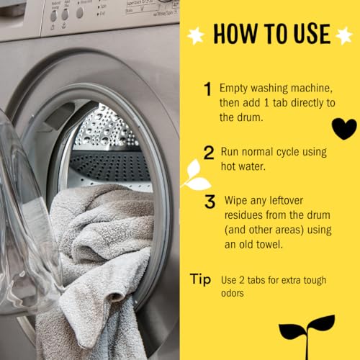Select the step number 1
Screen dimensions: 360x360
pyautogui.click(x=207, y=90)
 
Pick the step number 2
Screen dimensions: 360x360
pyautogui.click(x=209, y=153)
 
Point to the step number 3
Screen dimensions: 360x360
pyautogui.click(x=210, y=202)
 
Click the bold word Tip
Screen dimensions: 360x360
pyautogui.click(x=200, y=278)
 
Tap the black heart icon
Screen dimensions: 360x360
pyautogui.click(x=343, y=127)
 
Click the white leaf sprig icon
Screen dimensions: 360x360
pyautogui.click(x=196, y=176)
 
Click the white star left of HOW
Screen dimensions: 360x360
pyautogui.click(x=195, y=34)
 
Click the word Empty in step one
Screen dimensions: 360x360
pyautogui.click(x=234, y=88)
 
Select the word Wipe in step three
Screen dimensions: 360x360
pyautogui.click(x=239, y=199)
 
